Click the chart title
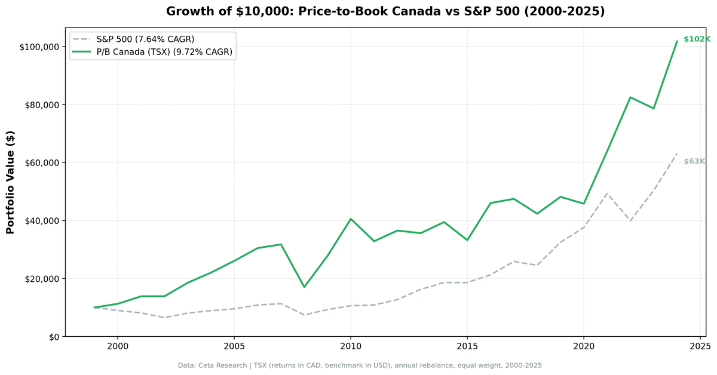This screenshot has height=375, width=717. coord(385,11)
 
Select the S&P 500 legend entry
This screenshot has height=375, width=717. coord(145,39)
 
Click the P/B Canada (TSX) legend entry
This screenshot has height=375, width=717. coord(164,53)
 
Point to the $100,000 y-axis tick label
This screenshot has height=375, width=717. coord(39,47)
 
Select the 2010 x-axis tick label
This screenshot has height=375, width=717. coord(350,346)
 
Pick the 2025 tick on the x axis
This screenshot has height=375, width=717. coord(700,346)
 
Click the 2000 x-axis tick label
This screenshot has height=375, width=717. coord(117,346)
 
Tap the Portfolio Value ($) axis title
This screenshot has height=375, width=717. coord(10,182)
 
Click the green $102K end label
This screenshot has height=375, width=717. coord(696,39)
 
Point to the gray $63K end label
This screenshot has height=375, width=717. coord(694,162)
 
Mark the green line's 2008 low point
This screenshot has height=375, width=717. coord(304,287)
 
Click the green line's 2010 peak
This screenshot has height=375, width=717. coord(351,219)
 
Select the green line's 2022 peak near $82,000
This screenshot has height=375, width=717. coord(630,97)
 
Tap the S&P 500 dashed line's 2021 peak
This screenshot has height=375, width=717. coord(607,193)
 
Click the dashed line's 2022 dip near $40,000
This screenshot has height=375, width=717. coord(630,221)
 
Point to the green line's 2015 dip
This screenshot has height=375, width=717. coord(467,240)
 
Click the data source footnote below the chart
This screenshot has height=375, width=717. coord(360,365)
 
